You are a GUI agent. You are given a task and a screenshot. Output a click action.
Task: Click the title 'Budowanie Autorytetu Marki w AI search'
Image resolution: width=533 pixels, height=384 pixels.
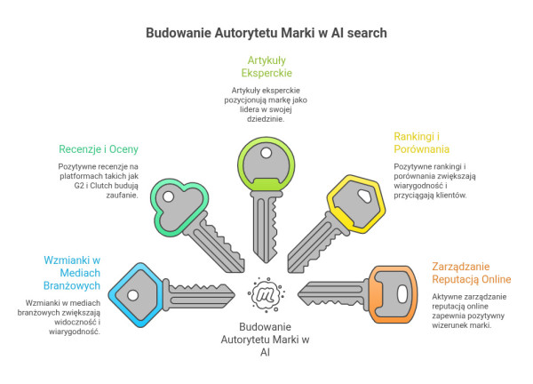tap(266, 32)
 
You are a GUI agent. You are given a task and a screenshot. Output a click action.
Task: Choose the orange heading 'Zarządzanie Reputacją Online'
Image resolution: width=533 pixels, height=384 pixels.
tap(472, 273)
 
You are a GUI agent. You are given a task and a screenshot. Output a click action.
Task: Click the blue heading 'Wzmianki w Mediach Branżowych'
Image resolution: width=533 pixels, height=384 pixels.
tap(71, 273)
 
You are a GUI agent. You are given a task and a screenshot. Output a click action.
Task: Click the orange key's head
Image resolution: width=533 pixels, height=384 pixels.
tap(390, 291)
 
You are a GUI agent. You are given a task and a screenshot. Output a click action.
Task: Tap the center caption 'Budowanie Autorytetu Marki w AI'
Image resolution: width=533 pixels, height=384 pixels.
tap(266, 339)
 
